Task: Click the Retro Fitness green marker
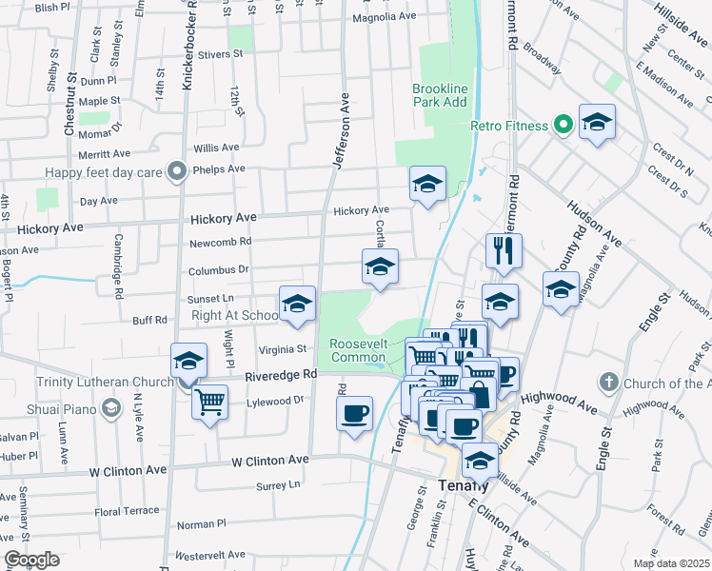pyautogui.click(x=563, y=125)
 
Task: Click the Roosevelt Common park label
pyautogui.click(x=358, y=350)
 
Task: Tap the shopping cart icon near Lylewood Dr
pyautogui.click(x=209, y=400)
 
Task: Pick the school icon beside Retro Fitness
pyautogui.click(x=597, y=121)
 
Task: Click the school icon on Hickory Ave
pyautogui.click(x=427, y=183)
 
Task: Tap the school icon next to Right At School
pyautogui.click(x=297, y=303)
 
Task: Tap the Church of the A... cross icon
pyautogui.click(x=610, y=384)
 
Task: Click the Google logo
pyautogui.click(x=31, y=560)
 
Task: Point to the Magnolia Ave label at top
pyautogui.click(x=385, y=17)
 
